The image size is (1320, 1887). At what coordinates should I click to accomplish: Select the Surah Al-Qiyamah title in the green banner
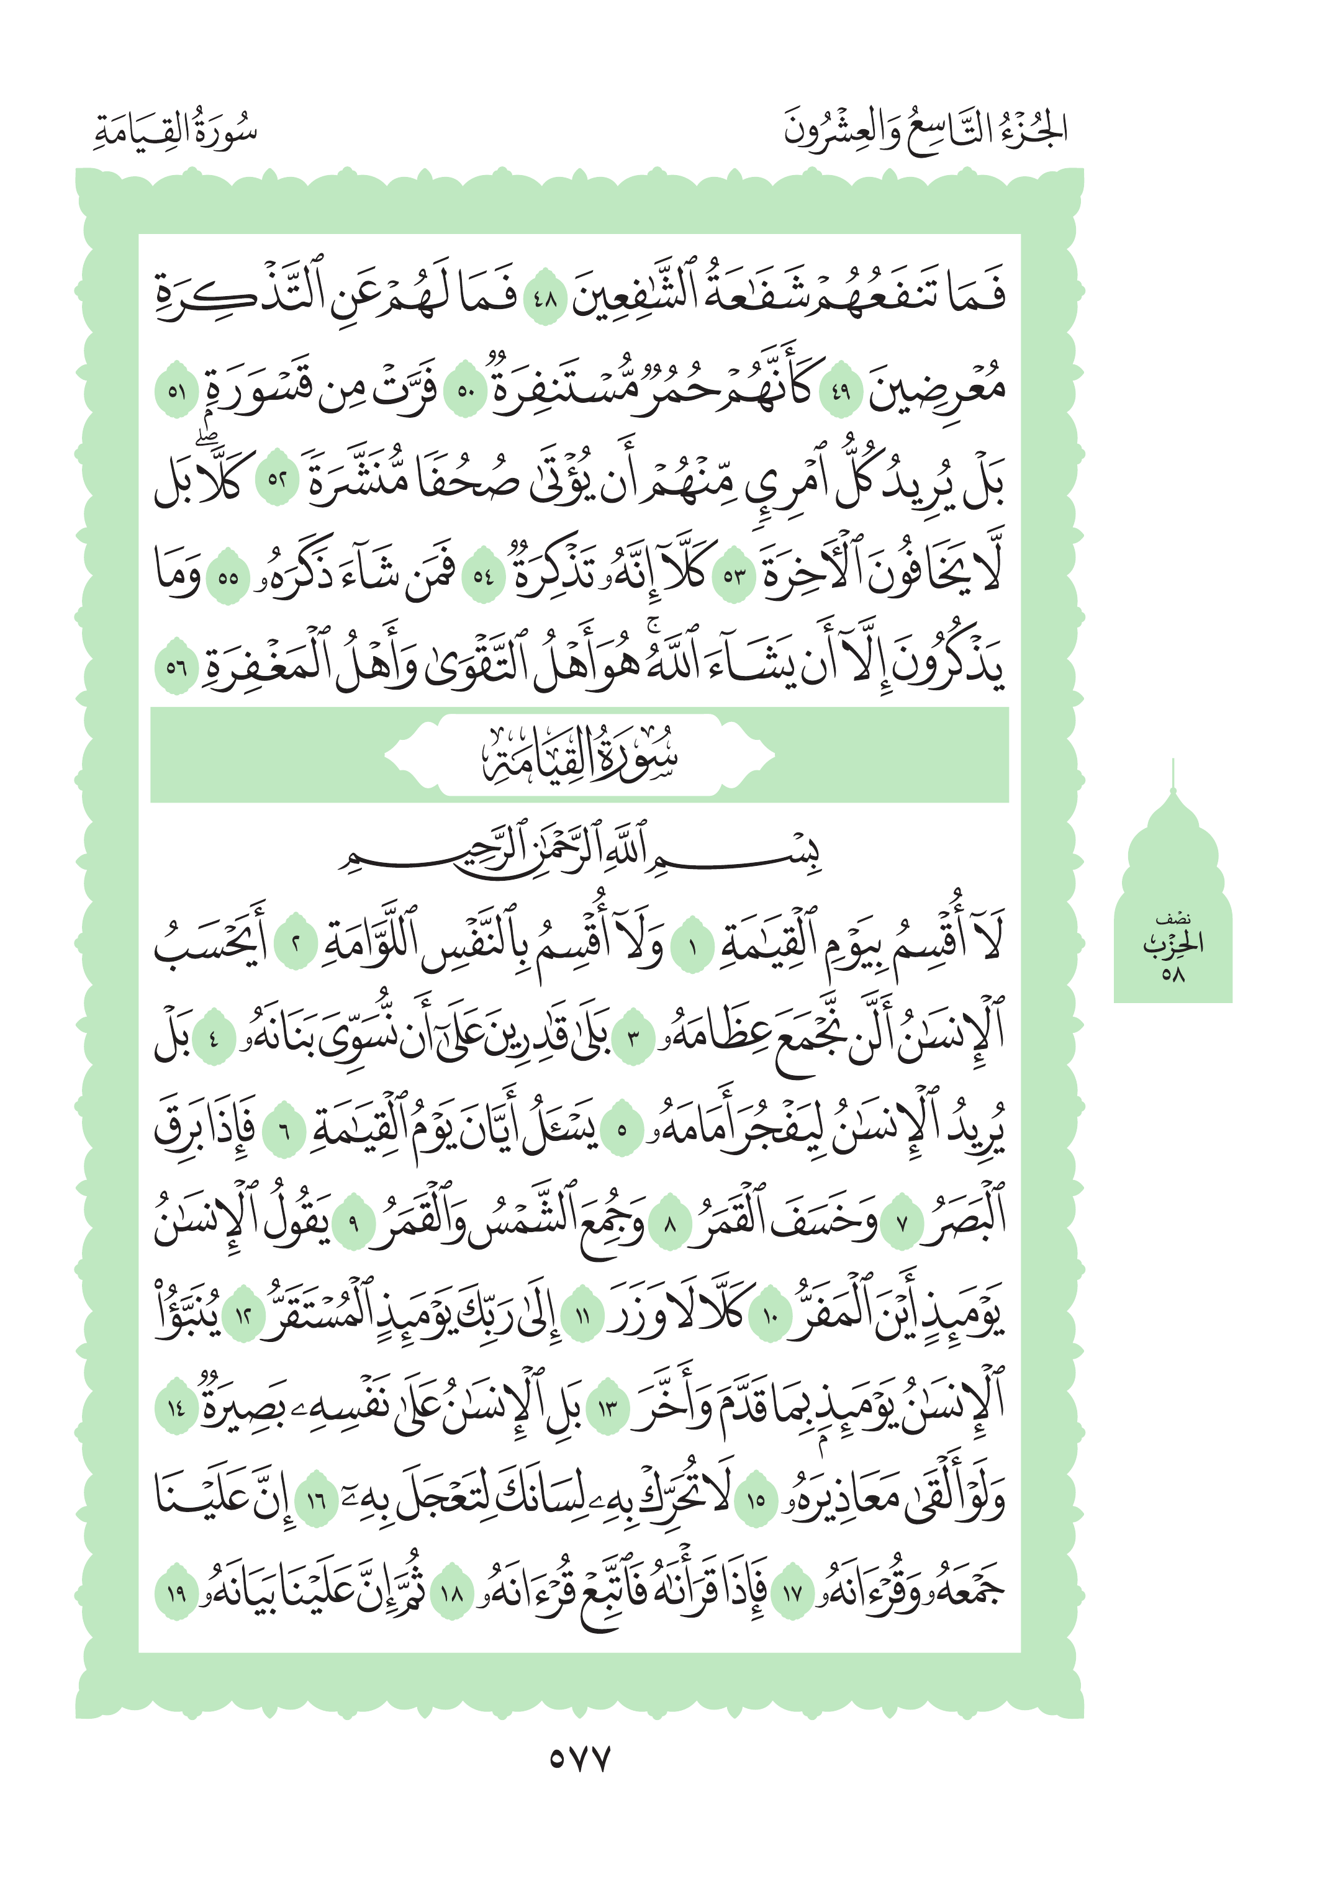pyautogui.click(x=579, y=754)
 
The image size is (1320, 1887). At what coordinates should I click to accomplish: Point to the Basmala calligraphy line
pyautogui.click(x=579, y=852)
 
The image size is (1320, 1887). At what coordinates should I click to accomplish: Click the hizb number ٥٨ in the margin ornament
pyautogui.click(x=1172, y=976)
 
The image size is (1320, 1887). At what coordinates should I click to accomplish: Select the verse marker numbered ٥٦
pyautogui.click(x=176, y=667)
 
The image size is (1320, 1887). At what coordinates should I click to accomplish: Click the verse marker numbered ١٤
pyautogui.click(x=176, y=1408)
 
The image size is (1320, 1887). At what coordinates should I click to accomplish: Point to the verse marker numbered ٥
pyautogui.click(x=622, y=1131)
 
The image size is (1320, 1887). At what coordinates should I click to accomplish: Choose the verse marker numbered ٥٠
pyautogui.click(x=465, y=390)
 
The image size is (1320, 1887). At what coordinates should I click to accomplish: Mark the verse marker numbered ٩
pyautogui.click(x=355, y=1223)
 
